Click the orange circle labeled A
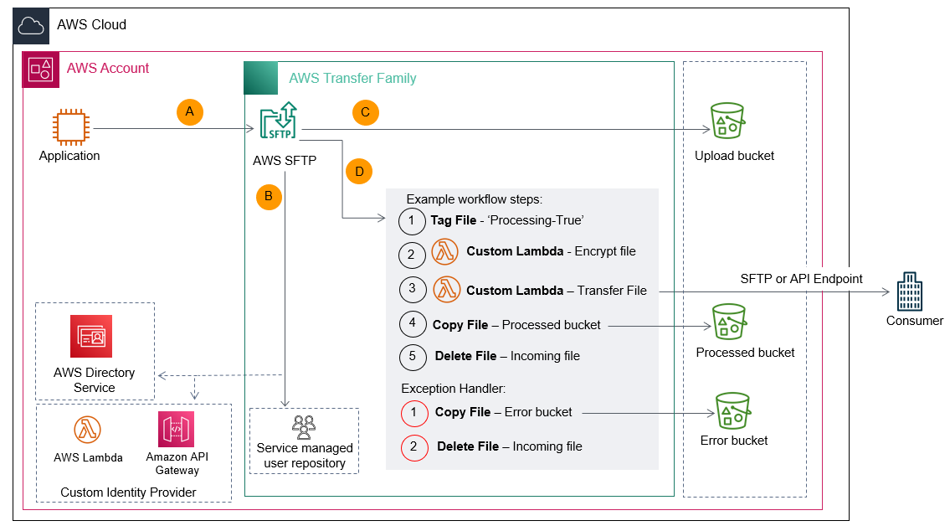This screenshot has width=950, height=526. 190,111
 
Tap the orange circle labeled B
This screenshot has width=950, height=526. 269,197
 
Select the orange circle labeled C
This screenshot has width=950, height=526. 365,112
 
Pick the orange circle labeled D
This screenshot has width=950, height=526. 359,172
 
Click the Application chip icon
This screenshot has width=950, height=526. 69,128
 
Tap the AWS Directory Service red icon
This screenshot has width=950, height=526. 91,337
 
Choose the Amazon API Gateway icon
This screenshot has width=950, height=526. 176,431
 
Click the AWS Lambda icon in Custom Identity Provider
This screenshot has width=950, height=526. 88,431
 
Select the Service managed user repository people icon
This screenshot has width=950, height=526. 304,427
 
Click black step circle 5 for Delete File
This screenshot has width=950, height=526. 412,356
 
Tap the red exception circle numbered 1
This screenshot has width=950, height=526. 413,413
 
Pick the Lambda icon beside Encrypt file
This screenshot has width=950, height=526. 445,251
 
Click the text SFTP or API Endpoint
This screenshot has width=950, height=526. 801,278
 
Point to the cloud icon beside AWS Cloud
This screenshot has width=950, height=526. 30,26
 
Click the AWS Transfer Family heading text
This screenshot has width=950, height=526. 352,78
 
